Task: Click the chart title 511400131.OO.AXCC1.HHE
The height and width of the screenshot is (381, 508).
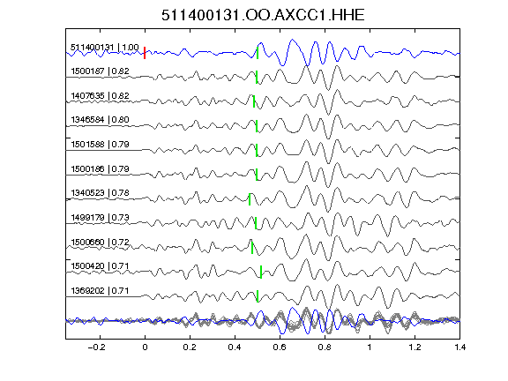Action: (x=263, y=15)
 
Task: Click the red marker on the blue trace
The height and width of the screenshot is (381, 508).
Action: (x=145, y=53)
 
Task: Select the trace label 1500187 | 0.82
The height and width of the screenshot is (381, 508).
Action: (x=101, y=71)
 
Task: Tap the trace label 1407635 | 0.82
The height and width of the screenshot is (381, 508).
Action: (x=101, y=96)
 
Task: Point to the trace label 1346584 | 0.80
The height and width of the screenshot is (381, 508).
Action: (x=101, y=120)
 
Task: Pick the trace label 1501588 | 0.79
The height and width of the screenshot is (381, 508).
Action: (x=101, y=144)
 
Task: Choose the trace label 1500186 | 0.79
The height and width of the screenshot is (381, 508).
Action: (x=101, y=168)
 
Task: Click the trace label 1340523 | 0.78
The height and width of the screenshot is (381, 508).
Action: (x=101, y=193)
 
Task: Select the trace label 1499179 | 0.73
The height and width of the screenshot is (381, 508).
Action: (x=101, y=217)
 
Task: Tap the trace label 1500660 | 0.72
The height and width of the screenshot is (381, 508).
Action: (x=101, y=242)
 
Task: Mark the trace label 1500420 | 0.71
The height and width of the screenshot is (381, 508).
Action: (x=101, y=266)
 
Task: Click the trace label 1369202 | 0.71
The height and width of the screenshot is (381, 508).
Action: (x=101, y=291)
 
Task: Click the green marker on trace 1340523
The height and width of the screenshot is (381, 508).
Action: (x=250, y=199)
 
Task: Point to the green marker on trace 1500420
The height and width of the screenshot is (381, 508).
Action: (x=261, y=273)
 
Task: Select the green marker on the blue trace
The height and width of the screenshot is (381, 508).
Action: (x=258, y=53)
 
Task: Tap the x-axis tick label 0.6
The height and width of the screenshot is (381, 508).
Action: (x=280, y=347)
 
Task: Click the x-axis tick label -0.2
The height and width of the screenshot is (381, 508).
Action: (x=96, y=347)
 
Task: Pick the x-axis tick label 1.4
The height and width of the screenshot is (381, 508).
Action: (x=459, y=347)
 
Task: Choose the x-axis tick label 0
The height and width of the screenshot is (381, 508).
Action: (x=145, y=347)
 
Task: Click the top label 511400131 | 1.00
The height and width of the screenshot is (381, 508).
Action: (x=105, y=48)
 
